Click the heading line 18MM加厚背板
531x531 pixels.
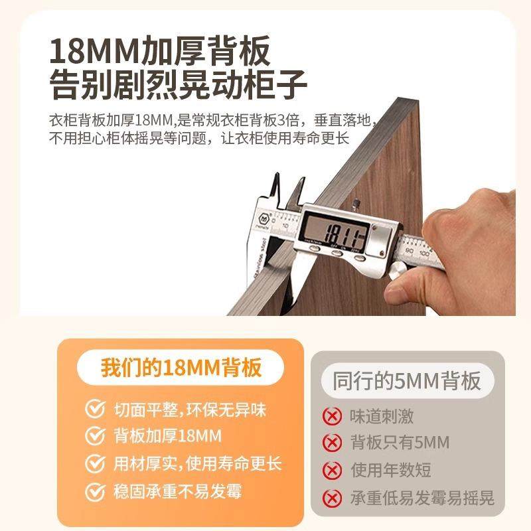click(160, 52)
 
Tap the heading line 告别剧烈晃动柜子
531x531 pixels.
click(179, 86)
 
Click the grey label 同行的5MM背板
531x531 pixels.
click(406, 382)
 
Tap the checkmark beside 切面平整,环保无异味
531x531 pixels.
click(95, 410)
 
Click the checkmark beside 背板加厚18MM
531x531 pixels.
click(95, 436)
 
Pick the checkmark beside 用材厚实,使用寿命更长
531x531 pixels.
click(95, 463)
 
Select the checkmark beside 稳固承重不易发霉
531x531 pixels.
click(95, 491)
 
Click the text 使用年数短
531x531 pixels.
click(390, 471)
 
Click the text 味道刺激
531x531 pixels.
click(381, 417)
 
